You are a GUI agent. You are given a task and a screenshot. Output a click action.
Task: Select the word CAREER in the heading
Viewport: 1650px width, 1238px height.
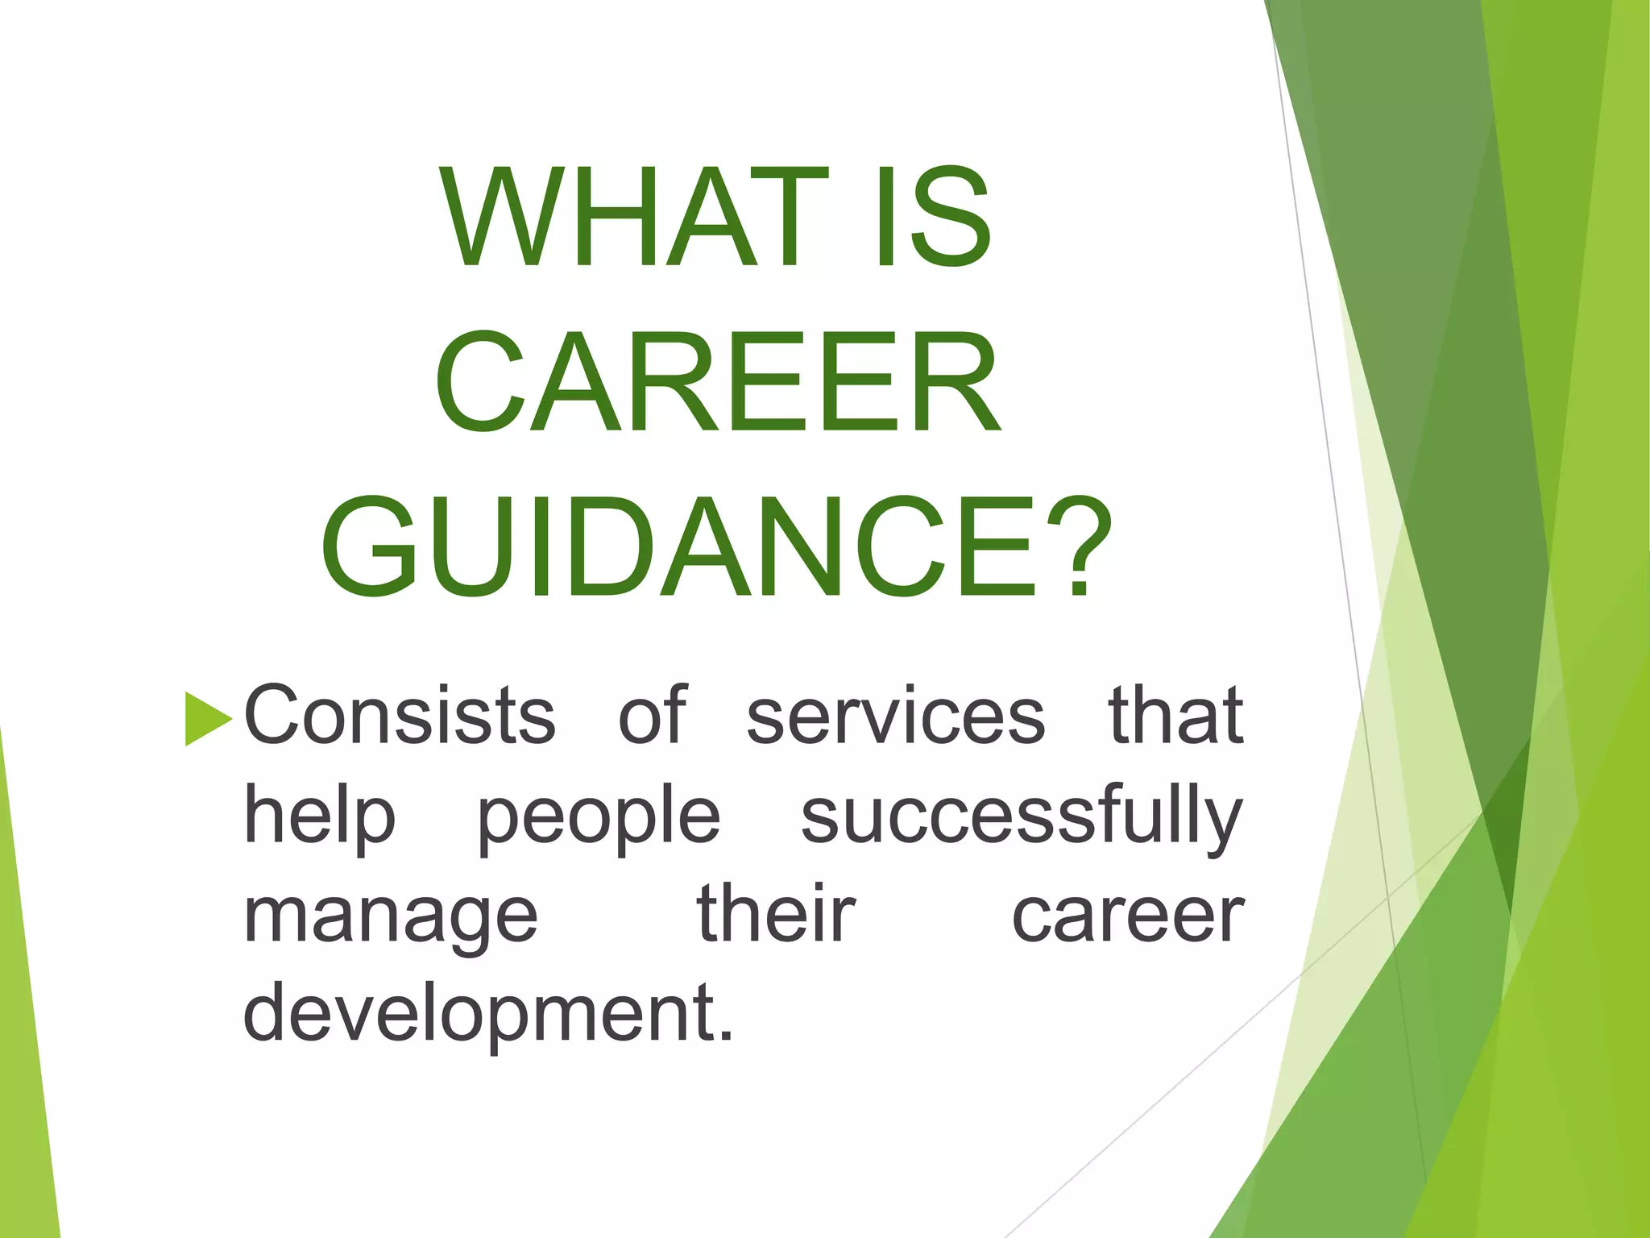point(718,383)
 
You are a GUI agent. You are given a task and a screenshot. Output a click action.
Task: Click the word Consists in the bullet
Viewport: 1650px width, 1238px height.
point(400,715)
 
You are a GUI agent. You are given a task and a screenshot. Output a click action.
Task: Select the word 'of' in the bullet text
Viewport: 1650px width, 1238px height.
point(653,715)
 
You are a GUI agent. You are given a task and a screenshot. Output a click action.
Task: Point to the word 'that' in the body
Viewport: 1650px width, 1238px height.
point(1175,715)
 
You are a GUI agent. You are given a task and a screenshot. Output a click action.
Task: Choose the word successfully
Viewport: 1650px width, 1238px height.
point(1022,816)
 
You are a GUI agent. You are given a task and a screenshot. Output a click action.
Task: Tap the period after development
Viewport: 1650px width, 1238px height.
point(727,1035)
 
